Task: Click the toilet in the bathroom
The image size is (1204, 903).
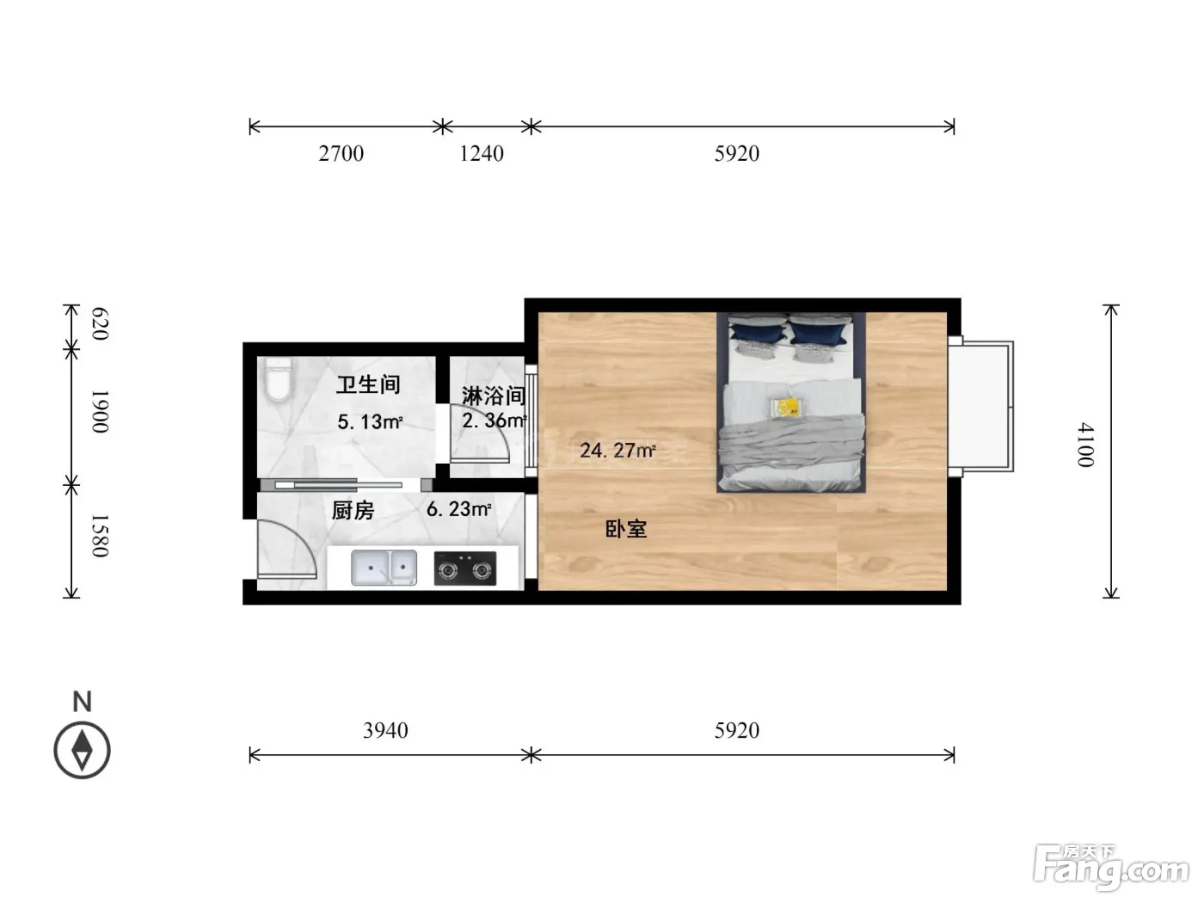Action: pyautogui.click(x=278, y=379)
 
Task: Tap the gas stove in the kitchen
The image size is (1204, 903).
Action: pyautogui.click(x=465, y=568)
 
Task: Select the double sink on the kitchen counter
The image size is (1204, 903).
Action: pyautogui.click(x=384, y=568)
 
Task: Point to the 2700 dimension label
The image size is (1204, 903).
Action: pyautogui.click(x=341, y=154)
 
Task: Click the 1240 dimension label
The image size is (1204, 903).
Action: pyautogui.click(x=482, y=154)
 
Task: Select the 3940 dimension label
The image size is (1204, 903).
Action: pyautogui.click(x=385, y=730)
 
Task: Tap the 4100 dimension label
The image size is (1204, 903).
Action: pyautogui.click(x=1085, y=445)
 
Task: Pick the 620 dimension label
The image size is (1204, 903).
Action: pyautogui.click(x=100, y=324)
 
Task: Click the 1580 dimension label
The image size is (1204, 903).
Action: pyautogui.click(x=100, y=536)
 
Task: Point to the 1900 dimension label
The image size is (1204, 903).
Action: pyautogui.click(x=100, y=412)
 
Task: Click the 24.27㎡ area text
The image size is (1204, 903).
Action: pyautogui.click(x=617, y=451)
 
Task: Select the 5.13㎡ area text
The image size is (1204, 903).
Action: pyautogui.click(x=370, y=421)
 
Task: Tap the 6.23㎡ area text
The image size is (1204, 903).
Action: pyautogui.click(x=458, y=509)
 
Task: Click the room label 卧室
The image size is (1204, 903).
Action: pyautogui.click(x=626, y=529)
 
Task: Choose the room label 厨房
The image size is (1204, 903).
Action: pyautogui.click(x=353, y=511)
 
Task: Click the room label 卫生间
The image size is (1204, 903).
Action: pyautogui.click(x=368, y=385)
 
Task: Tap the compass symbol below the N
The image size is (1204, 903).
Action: pyautogui.click(x=82, y=751)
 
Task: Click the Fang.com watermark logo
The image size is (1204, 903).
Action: pyautogui.click(x=1111, y=868)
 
